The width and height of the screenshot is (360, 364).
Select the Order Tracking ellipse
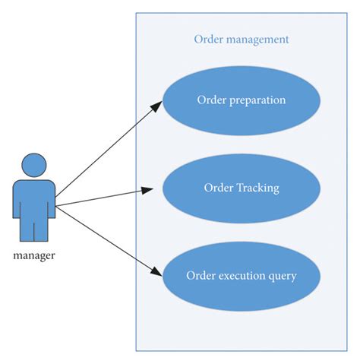point(241,188)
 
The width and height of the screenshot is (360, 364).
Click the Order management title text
point(241,40)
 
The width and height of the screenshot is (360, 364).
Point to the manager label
point(34,255)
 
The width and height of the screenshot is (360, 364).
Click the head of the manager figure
point(33,165)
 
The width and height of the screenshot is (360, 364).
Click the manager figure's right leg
point(43,226)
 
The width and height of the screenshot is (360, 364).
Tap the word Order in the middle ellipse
point(218,188)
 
